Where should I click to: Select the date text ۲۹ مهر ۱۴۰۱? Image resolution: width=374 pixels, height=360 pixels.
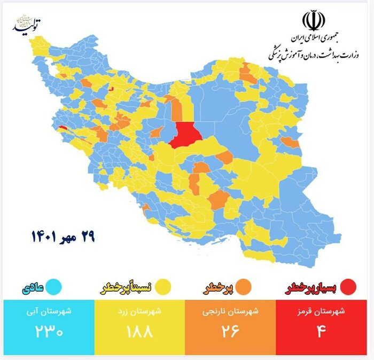coord(63,236)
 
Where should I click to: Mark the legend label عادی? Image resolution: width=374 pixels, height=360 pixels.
coord(33,288)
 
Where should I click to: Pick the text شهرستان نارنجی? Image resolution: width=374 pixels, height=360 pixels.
coord(230,312)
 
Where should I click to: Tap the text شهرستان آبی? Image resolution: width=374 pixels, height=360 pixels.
coord(49,312)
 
